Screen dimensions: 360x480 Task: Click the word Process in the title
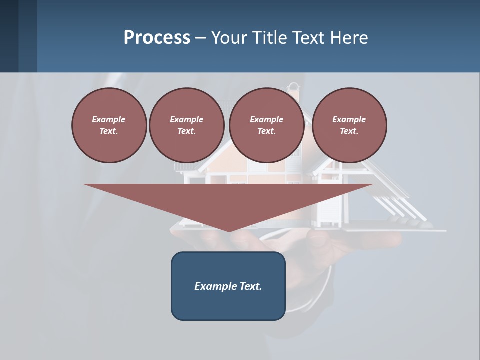click(x=157, y=38)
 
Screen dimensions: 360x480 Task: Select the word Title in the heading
click(x=270, y=38)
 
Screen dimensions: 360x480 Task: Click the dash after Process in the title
click(x=200, y=38)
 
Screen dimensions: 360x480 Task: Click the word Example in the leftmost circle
click(x=108, y=119)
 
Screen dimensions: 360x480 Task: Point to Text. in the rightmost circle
click(x=349, y=131)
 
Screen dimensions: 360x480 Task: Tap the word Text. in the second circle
click(x=186, y=131)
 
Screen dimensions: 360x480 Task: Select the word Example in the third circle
click(x=266, y=119)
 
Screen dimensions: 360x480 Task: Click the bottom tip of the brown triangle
click(x=229, y=231)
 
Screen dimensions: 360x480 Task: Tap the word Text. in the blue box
click(x=251, y=286)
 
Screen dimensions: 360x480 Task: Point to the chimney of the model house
click(x=294, y=92)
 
